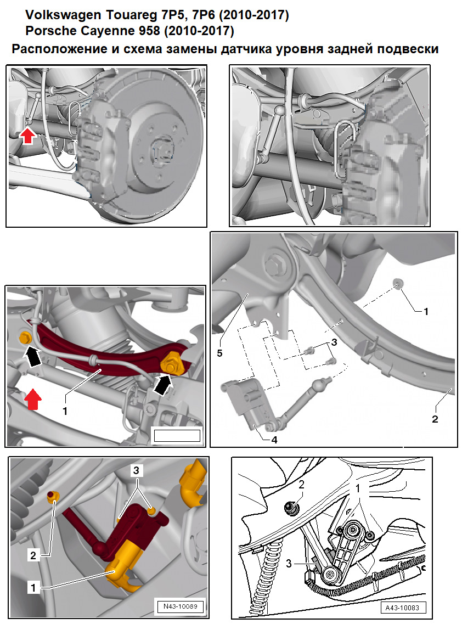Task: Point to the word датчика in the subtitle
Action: point(255,49)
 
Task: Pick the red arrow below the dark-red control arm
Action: point(33,398)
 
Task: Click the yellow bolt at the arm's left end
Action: point(24,337)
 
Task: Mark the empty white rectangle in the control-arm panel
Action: point(177,436)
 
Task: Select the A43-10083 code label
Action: point(403,608)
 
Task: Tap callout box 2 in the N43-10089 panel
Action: point(33,555)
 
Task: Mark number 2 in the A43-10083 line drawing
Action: point(301,485)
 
